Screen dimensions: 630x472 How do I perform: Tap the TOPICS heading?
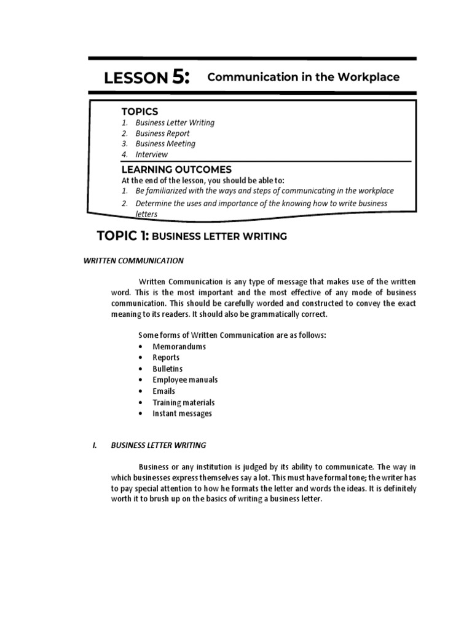coord(140,111)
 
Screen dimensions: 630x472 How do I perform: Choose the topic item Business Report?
coord(162,134)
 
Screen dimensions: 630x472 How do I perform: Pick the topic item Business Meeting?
coord(165,144)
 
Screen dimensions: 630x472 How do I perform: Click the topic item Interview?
coord(151,154)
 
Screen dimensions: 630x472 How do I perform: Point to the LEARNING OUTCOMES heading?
coord(176,169)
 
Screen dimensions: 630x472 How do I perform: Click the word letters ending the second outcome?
coord(146,214)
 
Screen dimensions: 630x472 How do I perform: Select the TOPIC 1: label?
coord(122,236)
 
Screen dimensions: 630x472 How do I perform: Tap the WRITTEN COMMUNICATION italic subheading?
coord(133,261)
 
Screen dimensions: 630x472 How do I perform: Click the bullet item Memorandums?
coord(179,346)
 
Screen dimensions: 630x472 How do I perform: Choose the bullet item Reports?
coord(166,357)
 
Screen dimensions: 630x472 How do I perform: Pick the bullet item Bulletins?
coord(167,369)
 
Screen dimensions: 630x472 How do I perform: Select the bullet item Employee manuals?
coord(185,380)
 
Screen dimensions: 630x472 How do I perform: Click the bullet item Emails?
coord(163,391)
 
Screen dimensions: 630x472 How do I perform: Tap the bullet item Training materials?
coord(183,402)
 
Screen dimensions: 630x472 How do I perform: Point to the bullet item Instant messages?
coord(182,413)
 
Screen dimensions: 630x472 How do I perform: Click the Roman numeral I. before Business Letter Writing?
coord(94,445)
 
